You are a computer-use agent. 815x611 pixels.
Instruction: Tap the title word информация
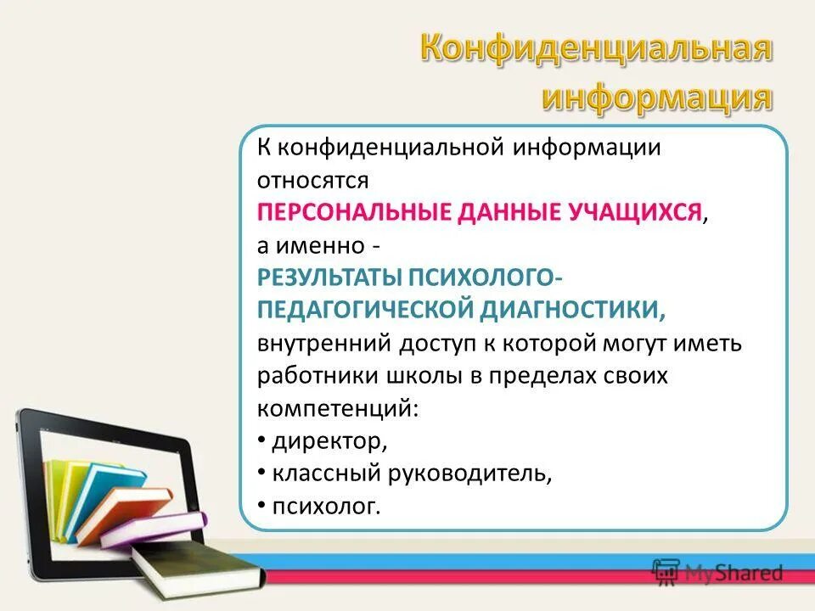[657, 97]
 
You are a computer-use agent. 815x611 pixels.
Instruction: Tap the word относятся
[312, 179]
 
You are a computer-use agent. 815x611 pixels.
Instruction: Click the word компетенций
[337, 408]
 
